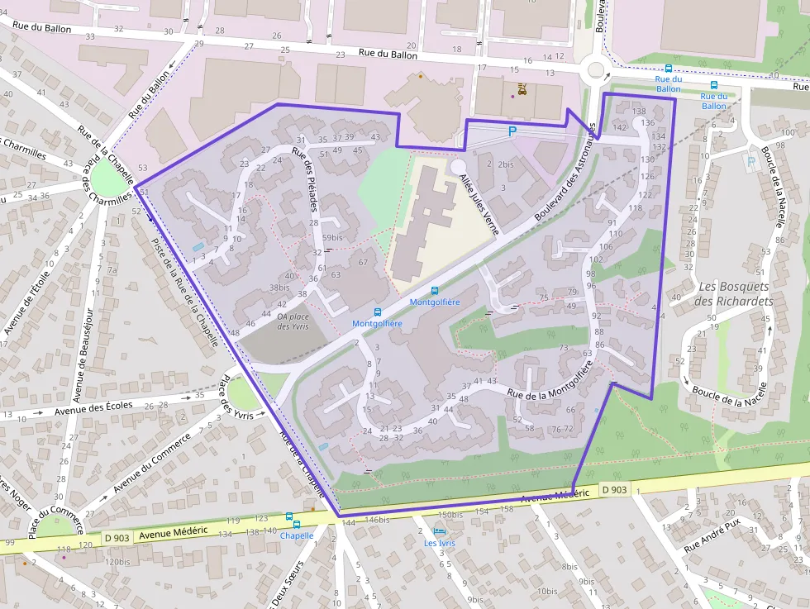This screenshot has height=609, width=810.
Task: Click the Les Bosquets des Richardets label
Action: (x=735, y=293)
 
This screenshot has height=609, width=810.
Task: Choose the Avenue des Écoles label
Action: (x=93, y=409)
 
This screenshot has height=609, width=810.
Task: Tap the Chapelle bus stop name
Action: (x=297, y=535)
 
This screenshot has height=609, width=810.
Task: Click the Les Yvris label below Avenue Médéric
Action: (x=440, y=543)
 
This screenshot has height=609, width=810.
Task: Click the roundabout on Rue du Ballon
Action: (x=593, y=71)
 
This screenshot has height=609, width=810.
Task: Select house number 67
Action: (x=363, y=263)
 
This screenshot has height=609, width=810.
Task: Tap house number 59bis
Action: (x=332, y=238)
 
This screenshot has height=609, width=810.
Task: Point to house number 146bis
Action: (x=377, y=520)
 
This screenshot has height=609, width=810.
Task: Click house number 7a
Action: (x=112, y=270)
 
